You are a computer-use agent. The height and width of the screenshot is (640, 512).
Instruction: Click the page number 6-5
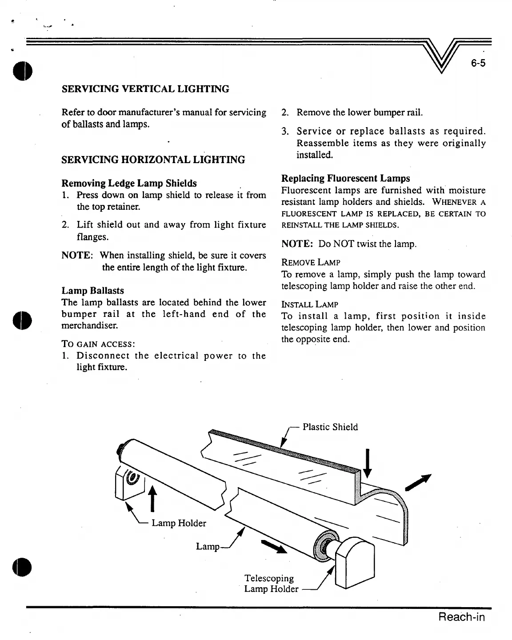point(478,63)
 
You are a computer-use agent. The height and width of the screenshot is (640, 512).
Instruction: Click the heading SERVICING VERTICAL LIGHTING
point(145,89)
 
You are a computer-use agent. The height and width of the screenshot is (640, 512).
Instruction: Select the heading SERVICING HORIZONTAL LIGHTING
point(153,160)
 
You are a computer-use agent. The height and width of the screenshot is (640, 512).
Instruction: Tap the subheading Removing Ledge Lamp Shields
point(129,183)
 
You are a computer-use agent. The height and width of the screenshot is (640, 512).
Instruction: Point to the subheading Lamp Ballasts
point(92,291)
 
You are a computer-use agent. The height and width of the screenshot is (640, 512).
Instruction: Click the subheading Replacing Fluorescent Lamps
point(346,178)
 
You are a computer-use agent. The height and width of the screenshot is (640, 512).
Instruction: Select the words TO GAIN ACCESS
point(98,344)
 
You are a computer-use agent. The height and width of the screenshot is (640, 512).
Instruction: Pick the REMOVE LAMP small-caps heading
point(311,263)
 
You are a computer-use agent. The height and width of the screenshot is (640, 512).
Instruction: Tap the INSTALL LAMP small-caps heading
point(310,304)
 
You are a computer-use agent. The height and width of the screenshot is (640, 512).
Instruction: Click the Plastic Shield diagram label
point(330,427)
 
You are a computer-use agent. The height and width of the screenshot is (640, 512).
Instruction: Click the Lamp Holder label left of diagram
point(179,523)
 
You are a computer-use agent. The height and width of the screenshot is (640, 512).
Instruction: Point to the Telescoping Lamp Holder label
point(271,584)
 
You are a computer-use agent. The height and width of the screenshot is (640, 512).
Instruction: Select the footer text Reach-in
point(461,617)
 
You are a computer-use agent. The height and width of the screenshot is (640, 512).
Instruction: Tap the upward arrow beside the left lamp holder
point(152,498)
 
